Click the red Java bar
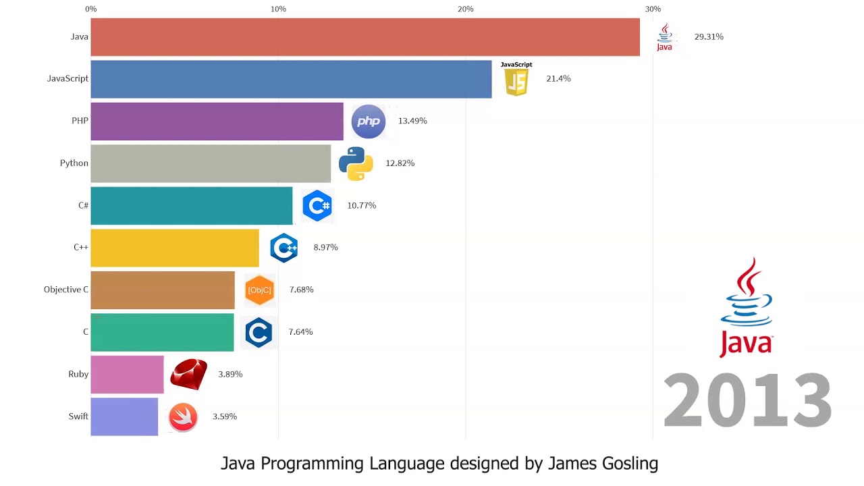pos(364,37)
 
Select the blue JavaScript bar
pos(291,79)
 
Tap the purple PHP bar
pos(217,122)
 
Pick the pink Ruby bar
pos(127,375)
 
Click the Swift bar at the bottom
pos(124,416)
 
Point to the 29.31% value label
pos(709,37)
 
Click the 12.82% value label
pos(400,163)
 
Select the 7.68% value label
pos(301,290)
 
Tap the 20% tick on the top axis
pos(465,9)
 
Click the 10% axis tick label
pos(278,9)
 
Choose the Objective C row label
pos(66,290)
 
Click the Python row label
pos(74,163)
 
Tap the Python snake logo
pos(356,163)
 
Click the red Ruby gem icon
pos(188,375)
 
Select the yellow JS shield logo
pos(516,82)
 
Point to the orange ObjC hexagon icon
pos(259,290)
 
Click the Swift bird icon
pos(183,417)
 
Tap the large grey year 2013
pos(747,401)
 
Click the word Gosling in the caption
pos(627,464)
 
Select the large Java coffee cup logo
pos(746,307)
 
